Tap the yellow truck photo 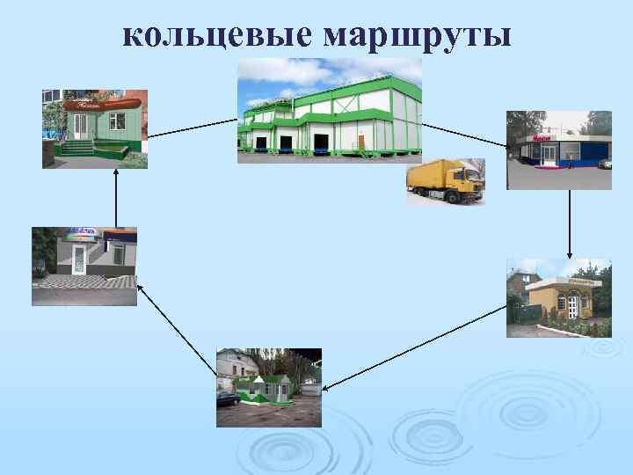coord(445,182)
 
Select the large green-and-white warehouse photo coord(329,110)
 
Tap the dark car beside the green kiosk coord(228,398)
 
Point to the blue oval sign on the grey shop coord(80,235)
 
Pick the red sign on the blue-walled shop coord(542,139)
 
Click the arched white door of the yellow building coord(573,305)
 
